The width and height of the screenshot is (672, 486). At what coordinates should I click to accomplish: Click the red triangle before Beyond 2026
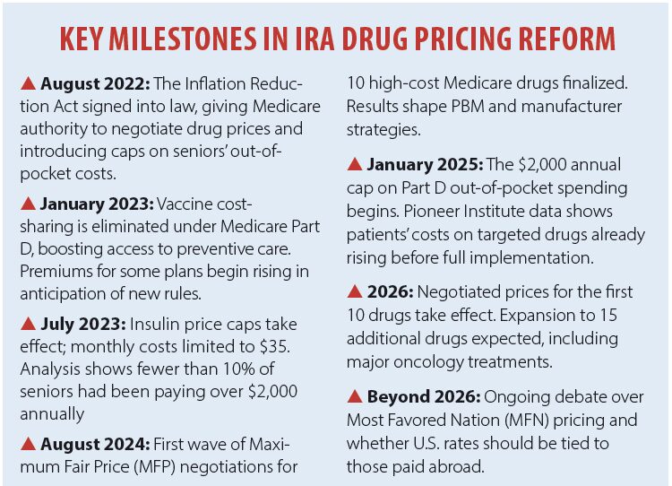coord(356,396)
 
